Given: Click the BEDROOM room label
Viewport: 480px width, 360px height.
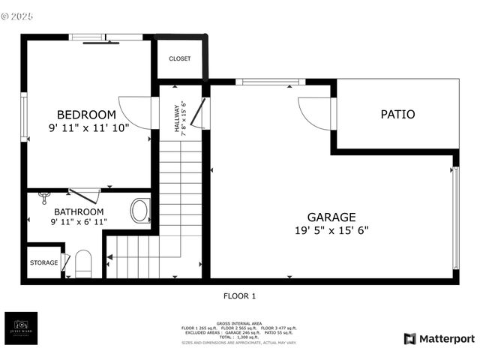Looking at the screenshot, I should tap(87, 114).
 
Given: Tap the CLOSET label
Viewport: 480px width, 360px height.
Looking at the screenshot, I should tap(180, 58).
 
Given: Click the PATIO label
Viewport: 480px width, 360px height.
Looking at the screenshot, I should tap(397, 115).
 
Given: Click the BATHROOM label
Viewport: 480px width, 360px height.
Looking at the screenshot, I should tap(79, 211).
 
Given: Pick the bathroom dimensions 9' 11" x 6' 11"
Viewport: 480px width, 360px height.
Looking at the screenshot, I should tap(79, 222).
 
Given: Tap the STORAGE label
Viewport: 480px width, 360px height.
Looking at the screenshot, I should tap(43, 262).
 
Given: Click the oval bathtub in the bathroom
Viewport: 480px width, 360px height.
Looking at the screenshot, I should tap(139, 211).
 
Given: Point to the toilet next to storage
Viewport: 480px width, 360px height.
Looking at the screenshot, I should tap(82, 263).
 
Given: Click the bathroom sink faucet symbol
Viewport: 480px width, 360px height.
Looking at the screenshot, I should tap(44, 196).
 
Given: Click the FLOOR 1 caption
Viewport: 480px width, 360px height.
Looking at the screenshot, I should tap(239, 296).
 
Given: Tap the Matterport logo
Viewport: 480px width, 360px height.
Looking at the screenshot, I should tap(439, 338).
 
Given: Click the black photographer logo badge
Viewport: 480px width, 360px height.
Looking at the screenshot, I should tap(20, 328).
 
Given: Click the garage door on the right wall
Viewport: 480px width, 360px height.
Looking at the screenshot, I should tap(455, 217).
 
